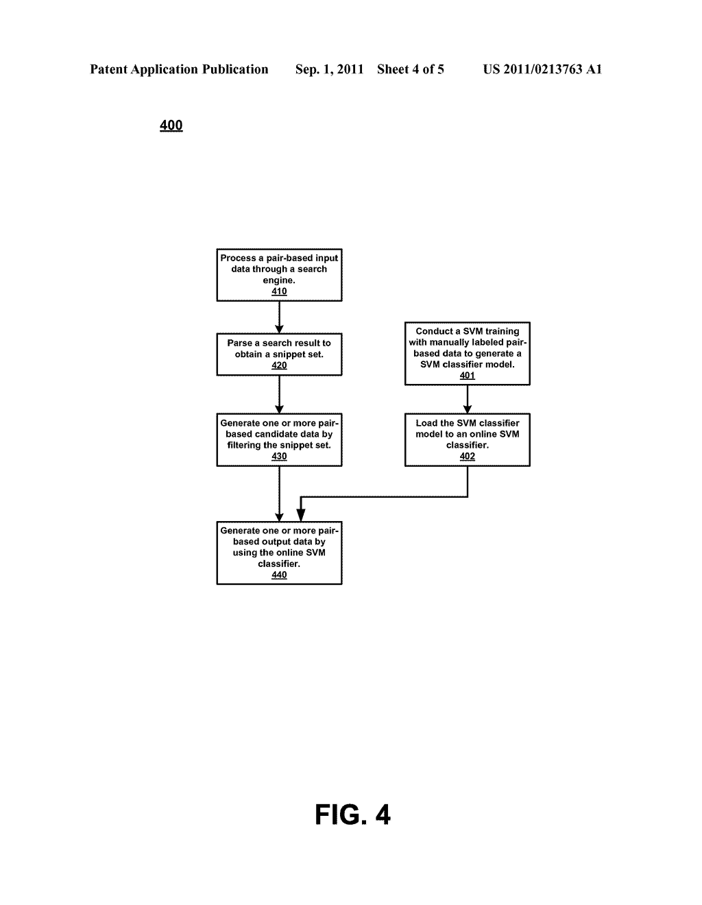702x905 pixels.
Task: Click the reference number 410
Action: pos(279,291)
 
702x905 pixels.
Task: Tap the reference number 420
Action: pos(279,365)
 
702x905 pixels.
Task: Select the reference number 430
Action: pos(279,456)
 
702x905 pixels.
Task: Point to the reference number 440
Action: pos(279,575)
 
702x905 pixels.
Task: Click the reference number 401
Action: pos(467,375)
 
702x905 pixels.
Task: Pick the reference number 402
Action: pos(467,456)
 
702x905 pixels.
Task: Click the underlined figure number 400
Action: pos(171,125)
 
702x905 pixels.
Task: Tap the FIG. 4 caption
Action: pos(352,814)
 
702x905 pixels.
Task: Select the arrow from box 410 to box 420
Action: pos(280,317)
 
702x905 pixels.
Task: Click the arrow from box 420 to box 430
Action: pos(280,394)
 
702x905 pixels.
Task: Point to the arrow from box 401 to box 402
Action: pos(467,400)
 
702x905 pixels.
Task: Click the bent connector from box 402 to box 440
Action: pos(384,496)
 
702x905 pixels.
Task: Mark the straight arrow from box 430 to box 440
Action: pos(280,494)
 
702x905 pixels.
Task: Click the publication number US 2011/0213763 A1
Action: pos(542,69)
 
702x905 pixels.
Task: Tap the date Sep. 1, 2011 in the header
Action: pos(329,69)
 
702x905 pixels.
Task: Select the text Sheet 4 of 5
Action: pos(411,69)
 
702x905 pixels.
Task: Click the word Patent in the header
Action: pos(109,69)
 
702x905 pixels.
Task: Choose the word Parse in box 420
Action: pos(240,343)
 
